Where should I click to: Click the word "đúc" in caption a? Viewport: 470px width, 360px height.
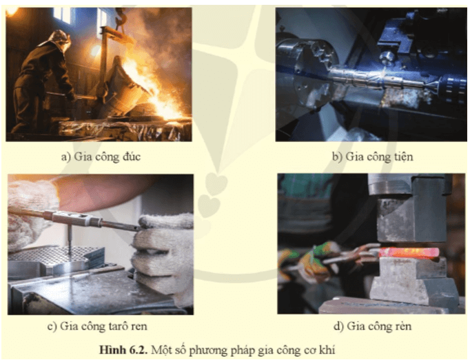(132, 157)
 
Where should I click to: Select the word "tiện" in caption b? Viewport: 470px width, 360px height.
(402, 157)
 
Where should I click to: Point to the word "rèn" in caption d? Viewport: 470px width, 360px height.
(402, 326)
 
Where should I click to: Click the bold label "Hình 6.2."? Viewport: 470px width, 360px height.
(123, 350)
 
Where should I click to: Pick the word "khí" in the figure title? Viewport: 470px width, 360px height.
(327, 350)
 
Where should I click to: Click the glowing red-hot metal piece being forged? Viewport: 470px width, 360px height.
(408, 252)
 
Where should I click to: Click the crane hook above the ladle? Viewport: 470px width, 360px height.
(121, 17)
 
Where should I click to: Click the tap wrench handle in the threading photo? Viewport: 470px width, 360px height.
(75, 218)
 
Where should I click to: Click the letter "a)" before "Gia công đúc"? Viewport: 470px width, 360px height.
(66, 157)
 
